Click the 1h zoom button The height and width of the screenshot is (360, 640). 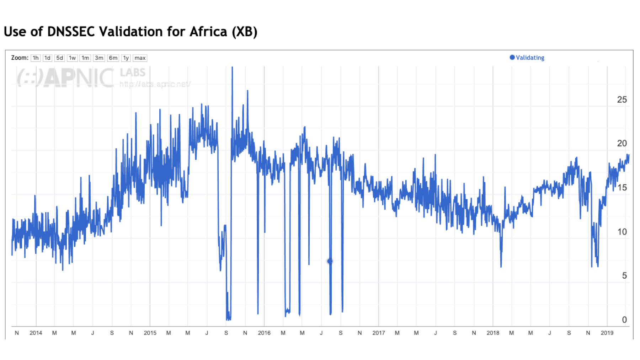point(36,58)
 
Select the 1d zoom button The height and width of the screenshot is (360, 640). point(47,58)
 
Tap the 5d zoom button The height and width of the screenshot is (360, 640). point(59,58)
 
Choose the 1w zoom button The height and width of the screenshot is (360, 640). point(72,58)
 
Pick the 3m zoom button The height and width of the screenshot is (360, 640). point(99,58)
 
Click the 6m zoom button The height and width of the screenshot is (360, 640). point(113,58)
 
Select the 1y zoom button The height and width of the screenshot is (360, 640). point(126,58)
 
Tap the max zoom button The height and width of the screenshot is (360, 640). point(140,58)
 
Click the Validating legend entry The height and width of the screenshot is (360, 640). point(529,58)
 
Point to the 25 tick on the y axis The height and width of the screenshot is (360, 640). point(622,100)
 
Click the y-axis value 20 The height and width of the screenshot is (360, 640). point(622,143)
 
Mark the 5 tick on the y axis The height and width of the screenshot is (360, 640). point(624,275)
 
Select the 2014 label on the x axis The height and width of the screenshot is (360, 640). point(36,333)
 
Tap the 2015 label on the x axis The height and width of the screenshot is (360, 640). point(150,333)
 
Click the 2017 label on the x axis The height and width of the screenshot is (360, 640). point(379,333)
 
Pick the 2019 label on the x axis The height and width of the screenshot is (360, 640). point(607,333)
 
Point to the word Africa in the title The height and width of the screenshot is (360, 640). point(208,31)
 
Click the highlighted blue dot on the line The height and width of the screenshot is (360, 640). point(330,261)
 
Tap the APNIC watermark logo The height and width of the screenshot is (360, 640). point(66,77)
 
